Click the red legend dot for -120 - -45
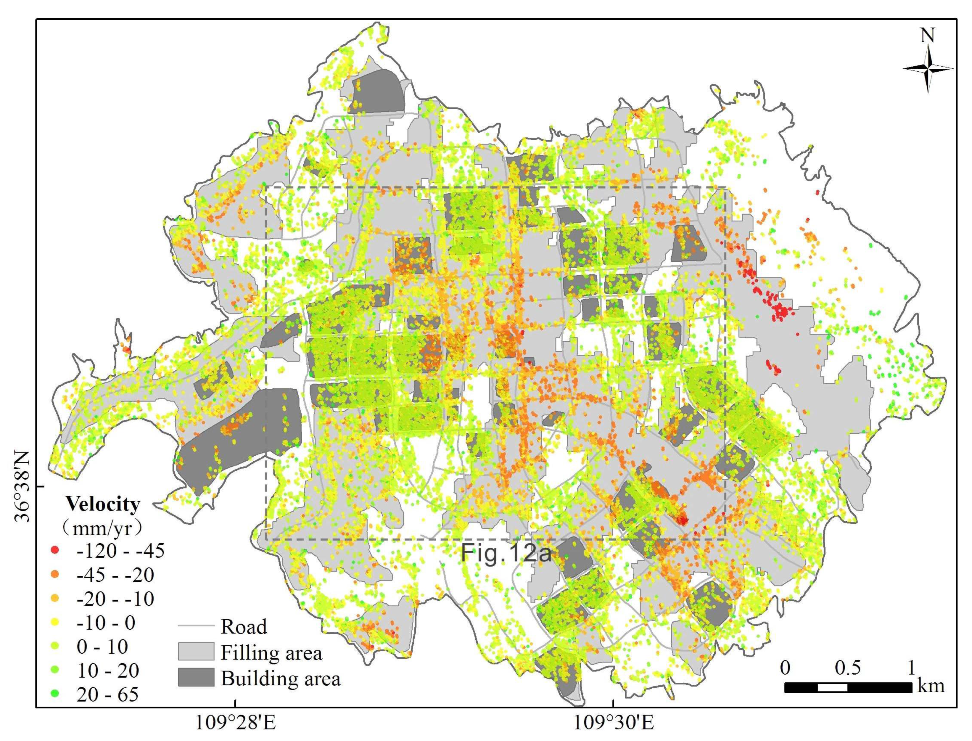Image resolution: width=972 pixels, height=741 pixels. point(55,550)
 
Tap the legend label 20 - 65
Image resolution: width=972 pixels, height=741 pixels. point(107,694)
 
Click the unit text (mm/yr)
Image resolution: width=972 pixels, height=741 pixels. point(102,527)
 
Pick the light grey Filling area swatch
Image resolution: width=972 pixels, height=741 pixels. point(196,652)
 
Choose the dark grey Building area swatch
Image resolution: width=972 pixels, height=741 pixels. point(196,677)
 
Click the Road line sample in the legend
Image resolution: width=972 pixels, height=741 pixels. point(196,626)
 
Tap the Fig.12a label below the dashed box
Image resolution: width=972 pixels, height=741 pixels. point(506,553)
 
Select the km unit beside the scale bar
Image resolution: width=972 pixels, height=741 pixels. point(931,686)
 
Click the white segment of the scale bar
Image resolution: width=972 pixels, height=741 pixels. point(832,687)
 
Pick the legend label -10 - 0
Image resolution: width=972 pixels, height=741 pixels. point(106,622)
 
